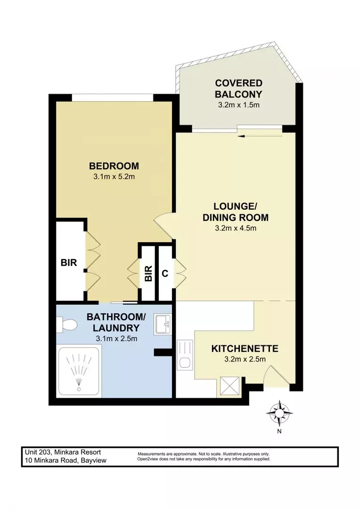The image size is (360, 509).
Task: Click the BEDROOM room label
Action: point(114,166)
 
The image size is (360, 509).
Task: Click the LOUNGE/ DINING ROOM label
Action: point(235,212)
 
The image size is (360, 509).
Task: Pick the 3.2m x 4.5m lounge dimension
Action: point(235,229)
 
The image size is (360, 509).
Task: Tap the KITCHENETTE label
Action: point(245,349)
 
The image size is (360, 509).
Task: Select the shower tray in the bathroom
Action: point(78,370)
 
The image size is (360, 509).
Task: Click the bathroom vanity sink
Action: point(163,325)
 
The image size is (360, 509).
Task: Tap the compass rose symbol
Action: point(279,413)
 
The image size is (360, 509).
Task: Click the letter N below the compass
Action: point(279,431)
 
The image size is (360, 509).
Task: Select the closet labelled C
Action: point(165,273)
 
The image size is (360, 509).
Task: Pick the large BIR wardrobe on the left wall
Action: point(69,263)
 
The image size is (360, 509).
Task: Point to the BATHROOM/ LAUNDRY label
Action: point(113,322)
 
